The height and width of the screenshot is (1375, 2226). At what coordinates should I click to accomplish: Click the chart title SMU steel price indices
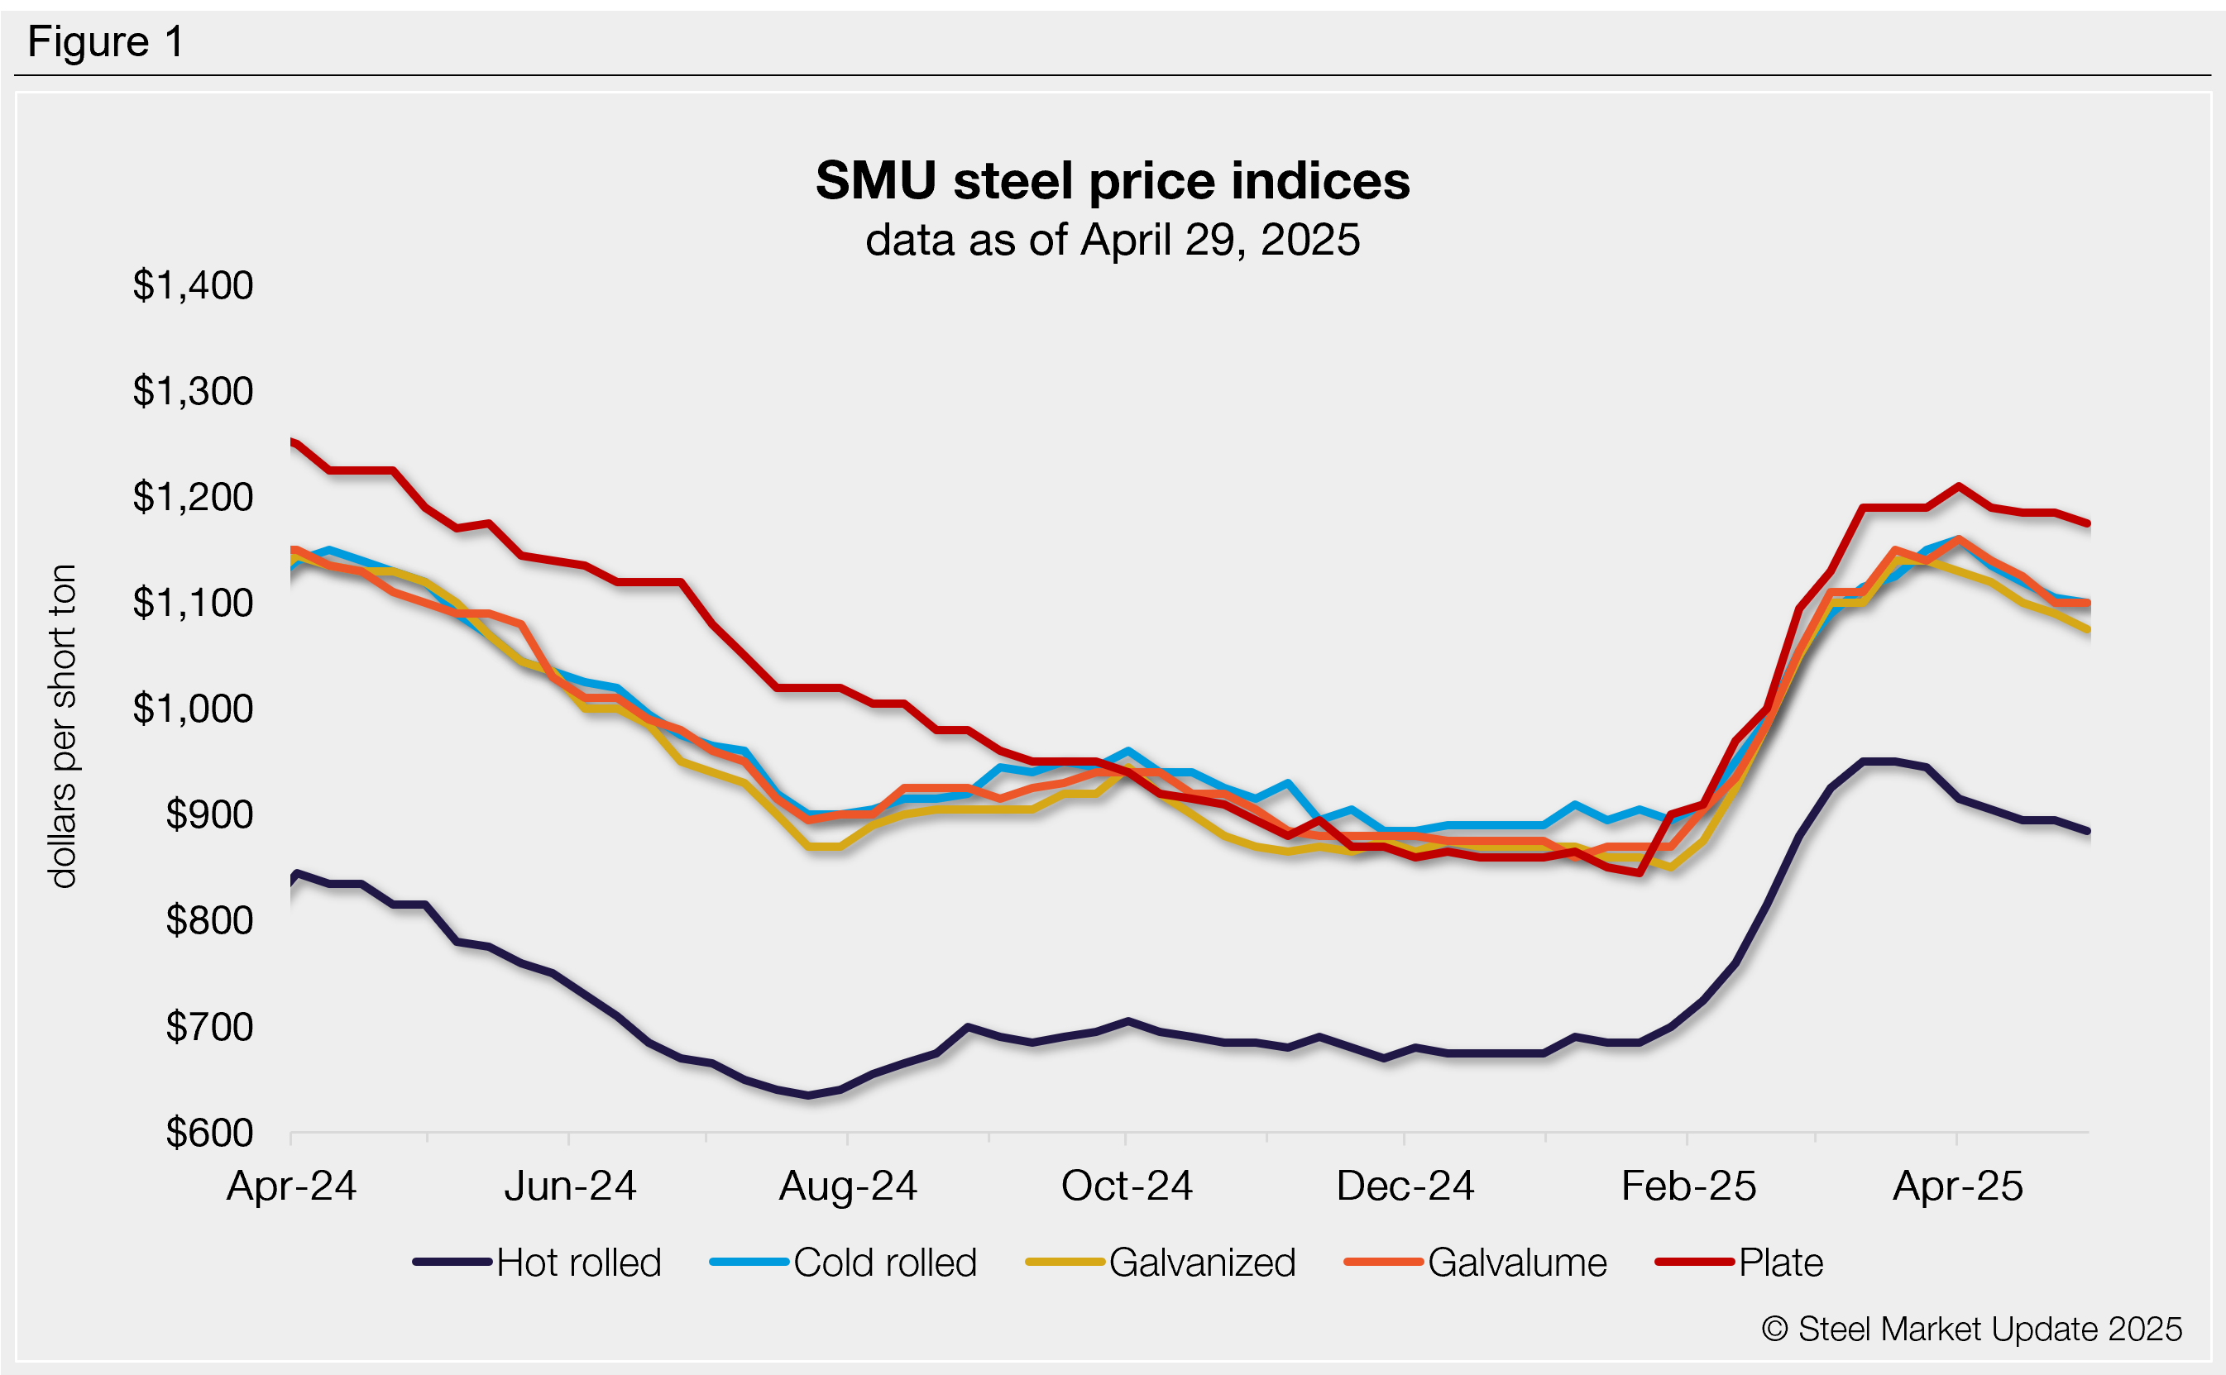click(1112, 181)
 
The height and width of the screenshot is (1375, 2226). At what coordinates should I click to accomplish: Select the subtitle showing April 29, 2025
click(1112, 240)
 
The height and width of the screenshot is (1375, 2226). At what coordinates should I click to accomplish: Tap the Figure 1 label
click(106, 42)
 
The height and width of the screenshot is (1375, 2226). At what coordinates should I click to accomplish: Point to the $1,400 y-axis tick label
click(193, 285)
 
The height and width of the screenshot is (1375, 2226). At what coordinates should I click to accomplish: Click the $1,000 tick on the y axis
click(193, 709)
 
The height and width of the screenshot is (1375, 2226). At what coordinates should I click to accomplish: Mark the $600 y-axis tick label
click(209, 1133)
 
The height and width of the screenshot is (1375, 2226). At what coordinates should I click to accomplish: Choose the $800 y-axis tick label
click(209, 920)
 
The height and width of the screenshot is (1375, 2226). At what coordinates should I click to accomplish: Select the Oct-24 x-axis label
click(1126, 1186)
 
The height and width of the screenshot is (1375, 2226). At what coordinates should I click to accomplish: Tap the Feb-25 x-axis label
click(1688, 1186)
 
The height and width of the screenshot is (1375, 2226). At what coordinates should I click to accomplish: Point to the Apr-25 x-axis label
click(1958, 1186)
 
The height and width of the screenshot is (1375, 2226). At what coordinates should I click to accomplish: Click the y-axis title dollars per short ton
click(63, 726)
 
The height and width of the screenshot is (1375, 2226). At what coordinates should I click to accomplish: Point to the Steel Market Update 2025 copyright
click(1971, 1330)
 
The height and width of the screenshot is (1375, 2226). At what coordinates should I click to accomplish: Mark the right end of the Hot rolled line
click(2089, 831)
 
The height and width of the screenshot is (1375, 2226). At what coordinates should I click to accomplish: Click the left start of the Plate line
click(293, 442)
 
